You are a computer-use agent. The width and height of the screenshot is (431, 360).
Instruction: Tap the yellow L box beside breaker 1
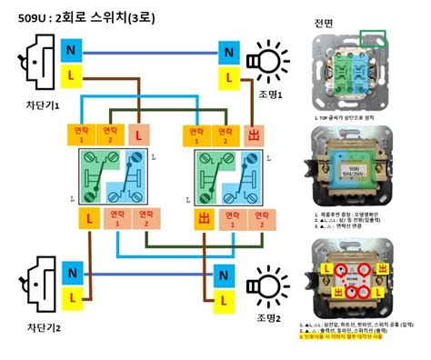point(71,75)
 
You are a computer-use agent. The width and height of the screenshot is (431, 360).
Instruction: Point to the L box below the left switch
point(88,219)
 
